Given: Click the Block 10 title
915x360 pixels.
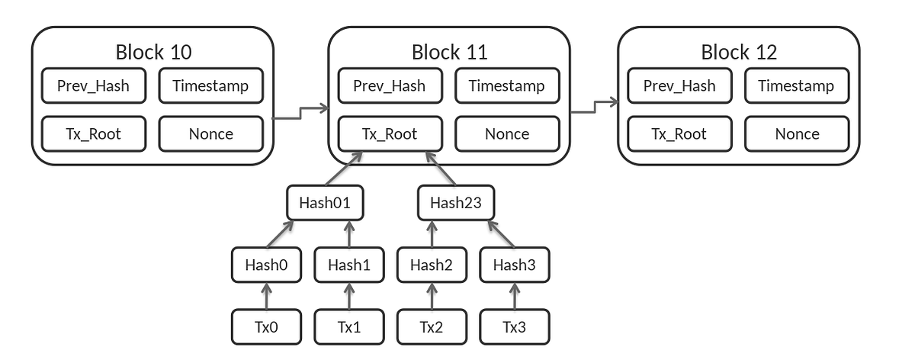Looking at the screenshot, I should coord(153,52).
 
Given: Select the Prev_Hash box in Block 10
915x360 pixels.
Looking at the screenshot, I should coord(93,85).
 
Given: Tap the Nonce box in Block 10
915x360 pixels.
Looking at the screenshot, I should coord(210,133).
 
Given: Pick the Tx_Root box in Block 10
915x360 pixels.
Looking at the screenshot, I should coord(93,133).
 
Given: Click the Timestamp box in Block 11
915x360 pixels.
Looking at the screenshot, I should coord(507,85).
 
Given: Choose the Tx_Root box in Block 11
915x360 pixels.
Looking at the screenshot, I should coord(389,133).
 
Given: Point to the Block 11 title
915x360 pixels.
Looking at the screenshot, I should coord(449,52).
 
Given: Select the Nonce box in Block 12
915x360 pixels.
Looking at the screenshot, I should coord(797,133).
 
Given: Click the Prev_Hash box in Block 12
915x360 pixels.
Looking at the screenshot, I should coord(679,85).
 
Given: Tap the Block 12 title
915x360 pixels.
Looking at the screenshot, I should coord(739,52).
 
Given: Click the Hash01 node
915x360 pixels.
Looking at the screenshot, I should coord(324,203).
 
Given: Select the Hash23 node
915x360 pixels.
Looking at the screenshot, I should coord(456,203).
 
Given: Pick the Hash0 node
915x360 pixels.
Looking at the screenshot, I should coord(266,265).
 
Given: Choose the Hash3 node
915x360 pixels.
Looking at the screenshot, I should coord(514,265).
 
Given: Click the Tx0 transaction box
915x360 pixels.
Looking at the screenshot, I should coord(266,327).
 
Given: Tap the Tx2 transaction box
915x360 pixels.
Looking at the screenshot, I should coord(431,327).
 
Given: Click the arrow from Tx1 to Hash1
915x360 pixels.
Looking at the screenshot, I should coord(349,296).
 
